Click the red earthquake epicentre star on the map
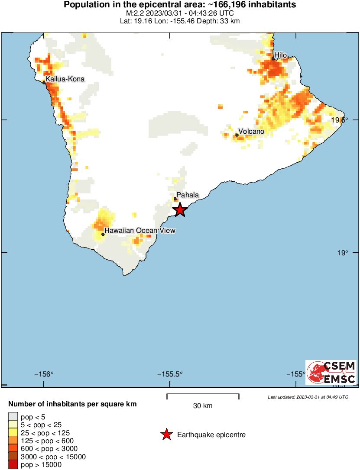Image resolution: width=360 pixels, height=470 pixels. click(180, 210)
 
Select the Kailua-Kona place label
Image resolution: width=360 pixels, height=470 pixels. click(65, 79)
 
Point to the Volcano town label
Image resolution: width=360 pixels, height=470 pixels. click(251, 132)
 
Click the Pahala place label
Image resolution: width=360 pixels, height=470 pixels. click(188, 195)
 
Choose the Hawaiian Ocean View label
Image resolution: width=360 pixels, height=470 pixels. click(140, 231)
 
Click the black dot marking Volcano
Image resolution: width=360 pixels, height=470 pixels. click(237, 135)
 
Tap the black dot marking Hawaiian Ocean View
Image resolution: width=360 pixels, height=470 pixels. click(103, 234)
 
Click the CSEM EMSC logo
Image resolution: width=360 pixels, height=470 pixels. click(331, 372)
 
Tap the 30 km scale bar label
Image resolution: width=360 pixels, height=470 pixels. click(203, 406)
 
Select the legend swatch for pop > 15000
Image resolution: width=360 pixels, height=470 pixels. click(13, 465)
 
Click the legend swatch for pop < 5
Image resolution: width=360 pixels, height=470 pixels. click(13, 416)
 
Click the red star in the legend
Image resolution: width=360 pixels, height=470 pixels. click(167, 435)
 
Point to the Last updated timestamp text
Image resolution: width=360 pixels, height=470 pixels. click(308, 397)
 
